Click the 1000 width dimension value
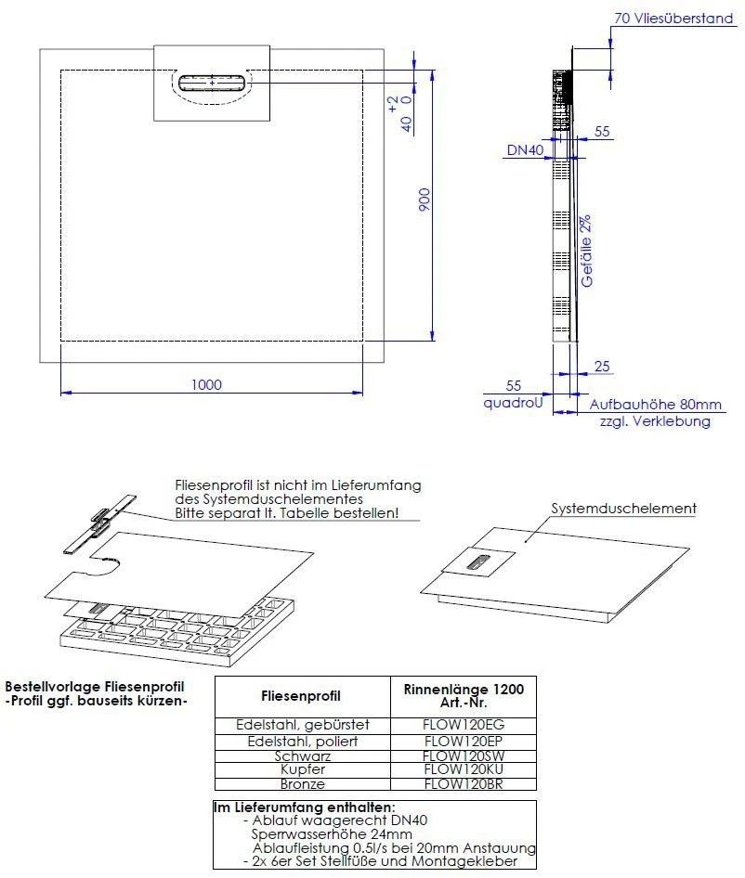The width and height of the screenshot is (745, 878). (207, 384)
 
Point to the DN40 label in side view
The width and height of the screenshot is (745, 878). (526, 149)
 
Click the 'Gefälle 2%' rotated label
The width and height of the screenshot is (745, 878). (586, 251)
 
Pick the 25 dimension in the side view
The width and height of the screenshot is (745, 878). (602, 368)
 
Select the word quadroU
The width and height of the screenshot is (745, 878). (511, 403)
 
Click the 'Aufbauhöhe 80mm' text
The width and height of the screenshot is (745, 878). (655, 405)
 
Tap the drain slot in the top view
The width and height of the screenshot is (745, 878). (213, 82)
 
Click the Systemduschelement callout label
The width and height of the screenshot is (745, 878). (623, 509)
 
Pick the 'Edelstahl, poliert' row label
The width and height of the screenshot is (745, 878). (303, 742)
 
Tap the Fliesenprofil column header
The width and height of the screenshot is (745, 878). (302, 695)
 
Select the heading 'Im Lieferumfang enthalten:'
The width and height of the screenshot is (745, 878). (305, 807)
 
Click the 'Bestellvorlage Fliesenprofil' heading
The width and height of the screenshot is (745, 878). (94, 685)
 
